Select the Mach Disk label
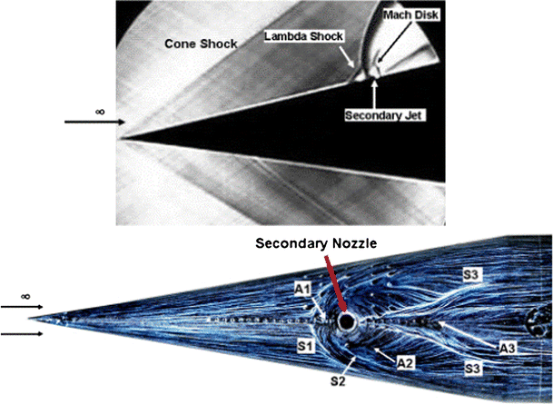(x=399, y=15)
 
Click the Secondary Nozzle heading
(x=312, y=243)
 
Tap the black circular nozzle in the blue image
(x=347, y=323)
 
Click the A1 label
(x=301, y=287)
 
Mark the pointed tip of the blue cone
(x=53, y=319)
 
